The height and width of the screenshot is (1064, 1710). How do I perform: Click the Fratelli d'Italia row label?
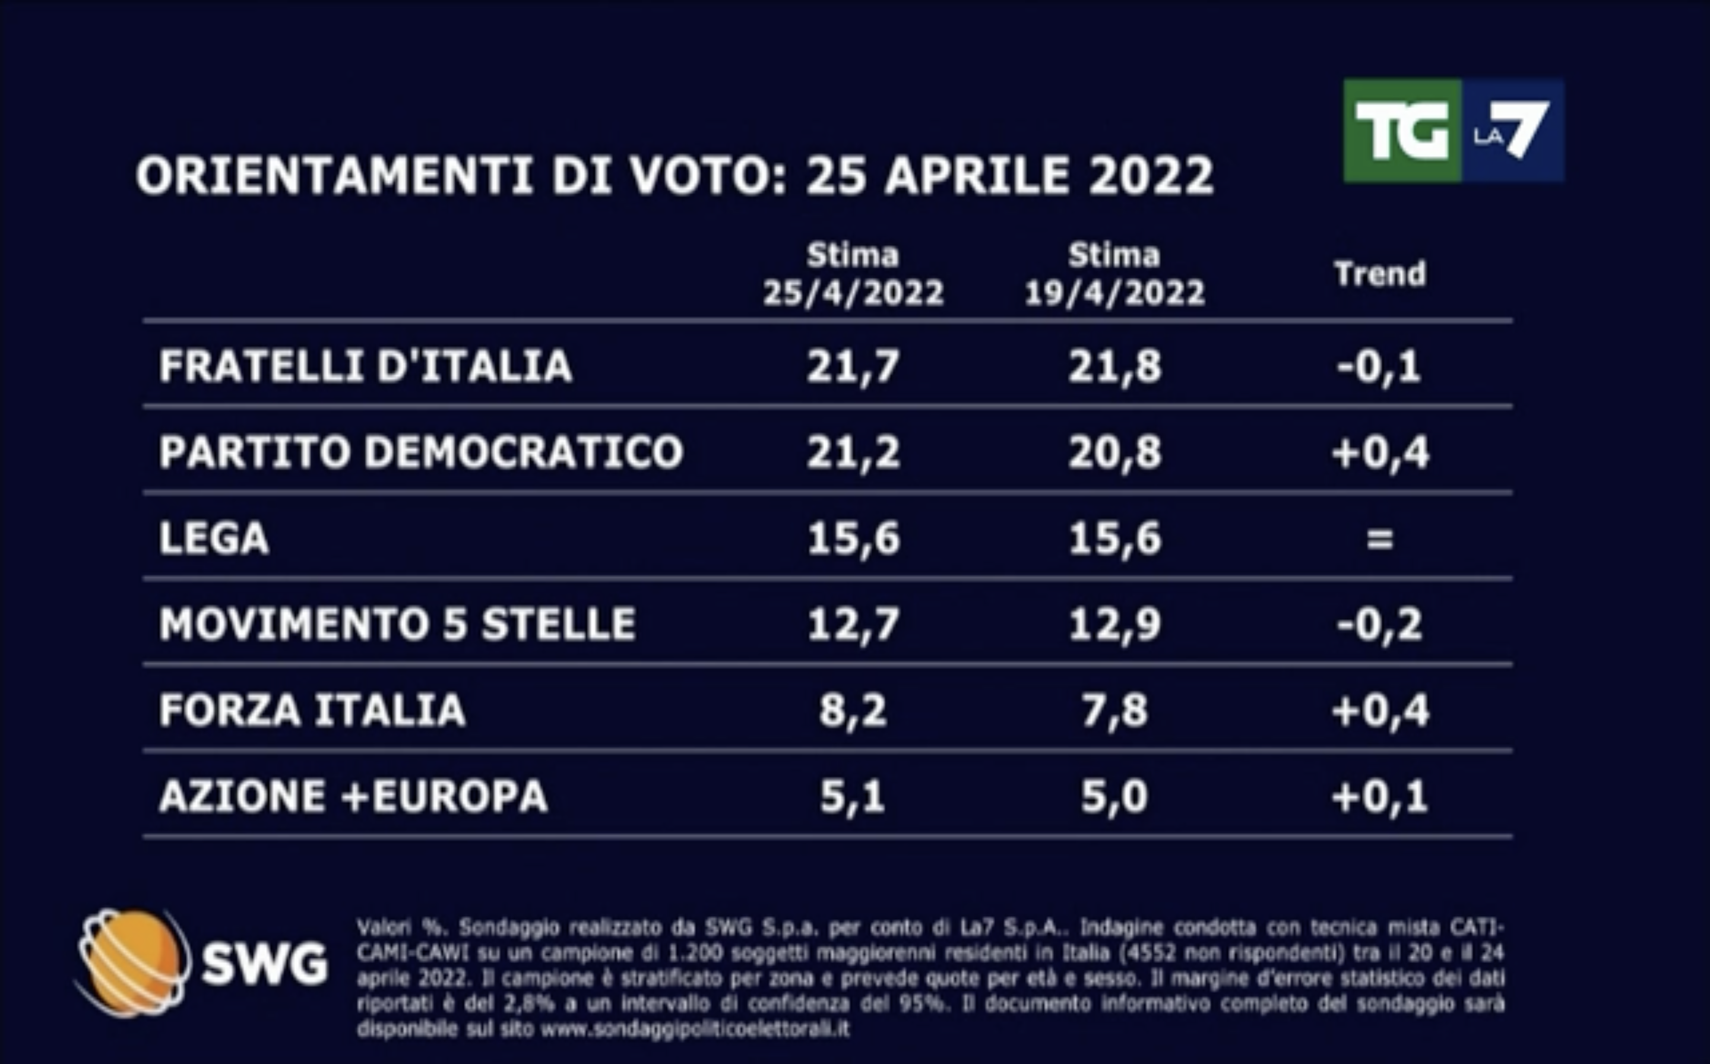(365, 366)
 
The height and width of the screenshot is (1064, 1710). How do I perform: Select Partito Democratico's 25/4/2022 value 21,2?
(853, 452)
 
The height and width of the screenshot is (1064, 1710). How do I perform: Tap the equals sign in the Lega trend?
(1379, 540)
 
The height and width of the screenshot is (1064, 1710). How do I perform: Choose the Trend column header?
(1380, 274)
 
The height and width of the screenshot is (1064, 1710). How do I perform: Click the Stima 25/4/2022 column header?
(853, 274)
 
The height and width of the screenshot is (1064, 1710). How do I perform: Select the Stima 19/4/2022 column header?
(1114, 274)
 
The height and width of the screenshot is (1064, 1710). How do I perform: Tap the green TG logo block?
(1402, 131)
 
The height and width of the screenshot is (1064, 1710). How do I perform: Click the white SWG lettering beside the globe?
(265, 964)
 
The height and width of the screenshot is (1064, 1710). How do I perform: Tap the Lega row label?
(214, 539)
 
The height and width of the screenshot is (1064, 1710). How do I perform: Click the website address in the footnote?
(695, 1030)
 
